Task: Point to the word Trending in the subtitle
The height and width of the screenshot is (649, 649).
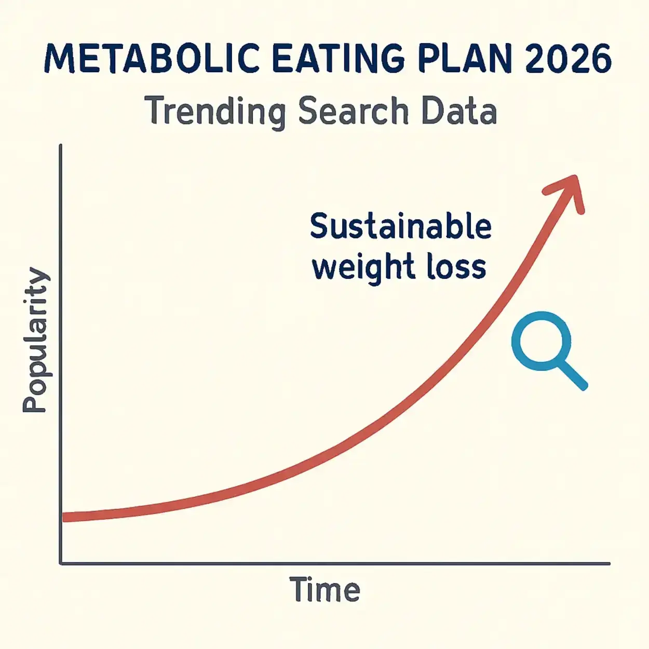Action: [x=215, y=111]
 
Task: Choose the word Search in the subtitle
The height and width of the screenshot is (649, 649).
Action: [x=354, y=111]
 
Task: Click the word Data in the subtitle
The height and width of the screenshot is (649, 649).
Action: [x=459, y=111]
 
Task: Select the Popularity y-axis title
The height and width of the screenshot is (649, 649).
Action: [x=35, y=340]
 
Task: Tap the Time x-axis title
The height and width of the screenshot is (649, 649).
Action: [x=324, y=590]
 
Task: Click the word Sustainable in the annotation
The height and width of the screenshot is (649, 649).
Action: [x=400, y=227]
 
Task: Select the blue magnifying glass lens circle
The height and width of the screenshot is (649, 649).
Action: [x=541, y=341]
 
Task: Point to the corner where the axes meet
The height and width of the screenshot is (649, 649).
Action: [x=61, y=563]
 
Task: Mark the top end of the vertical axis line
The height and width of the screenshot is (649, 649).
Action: [x=61, y=146]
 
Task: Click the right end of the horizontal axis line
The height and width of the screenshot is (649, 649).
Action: [x=609, y=563]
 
